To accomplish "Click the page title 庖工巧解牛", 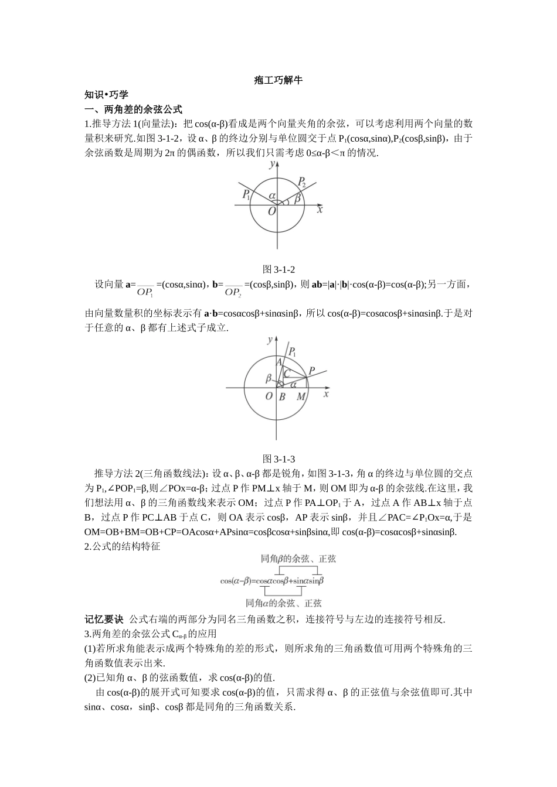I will pos(278,80).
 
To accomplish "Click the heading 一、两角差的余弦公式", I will pos(134,109).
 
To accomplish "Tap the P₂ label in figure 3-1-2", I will pos(302,183).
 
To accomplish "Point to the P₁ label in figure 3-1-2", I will pos(246,195).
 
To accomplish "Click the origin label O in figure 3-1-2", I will pos(271,211).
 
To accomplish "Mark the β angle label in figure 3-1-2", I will pos(297,199).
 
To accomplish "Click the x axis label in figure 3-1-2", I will pos(320,209).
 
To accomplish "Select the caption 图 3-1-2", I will pos(278,269).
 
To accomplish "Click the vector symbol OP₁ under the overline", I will pos(145,292).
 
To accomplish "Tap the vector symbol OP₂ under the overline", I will pos(233,292).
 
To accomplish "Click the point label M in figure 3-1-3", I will pos(301,397).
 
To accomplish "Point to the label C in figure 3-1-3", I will pos(287,373).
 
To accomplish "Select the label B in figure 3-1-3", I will pos(282,397).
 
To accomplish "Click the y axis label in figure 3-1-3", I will pos(269,340).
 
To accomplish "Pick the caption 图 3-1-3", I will pos(278,458).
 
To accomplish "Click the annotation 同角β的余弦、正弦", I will pos(298,559).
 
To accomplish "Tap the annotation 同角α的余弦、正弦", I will pos(283,603).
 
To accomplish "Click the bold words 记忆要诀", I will pos(104,619).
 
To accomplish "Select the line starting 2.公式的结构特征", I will pos(122,546).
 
